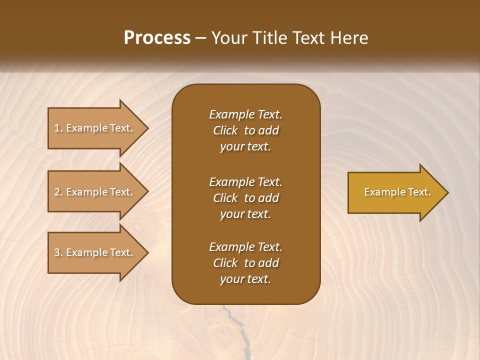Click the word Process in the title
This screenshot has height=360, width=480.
(157, 37)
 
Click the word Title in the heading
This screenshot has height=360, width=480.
(270, 37)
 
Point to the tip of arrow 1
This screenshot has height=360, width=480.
(147, 128)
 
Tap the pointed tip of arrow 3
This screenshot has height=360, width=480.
(147, 252)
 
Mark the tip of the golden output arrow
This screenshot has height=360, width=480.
(447, 192)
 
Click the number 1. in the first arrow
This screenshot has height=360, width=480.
(58, 128)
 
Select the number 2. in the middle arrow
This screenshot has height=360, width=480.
(58, 192)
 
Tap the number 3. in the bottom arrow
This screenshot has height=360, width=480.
(58, 252)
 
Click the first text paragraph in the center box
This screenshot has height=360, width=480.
(245, 130)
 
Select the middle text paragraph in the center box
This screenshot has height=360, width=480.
(245, 198)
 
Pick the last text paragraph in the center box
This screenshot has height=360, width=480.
(245, 263)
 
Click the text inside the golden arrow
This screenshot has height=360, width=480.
(397, 192)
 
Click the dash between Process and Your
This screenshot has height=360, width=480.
(201, 38)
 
